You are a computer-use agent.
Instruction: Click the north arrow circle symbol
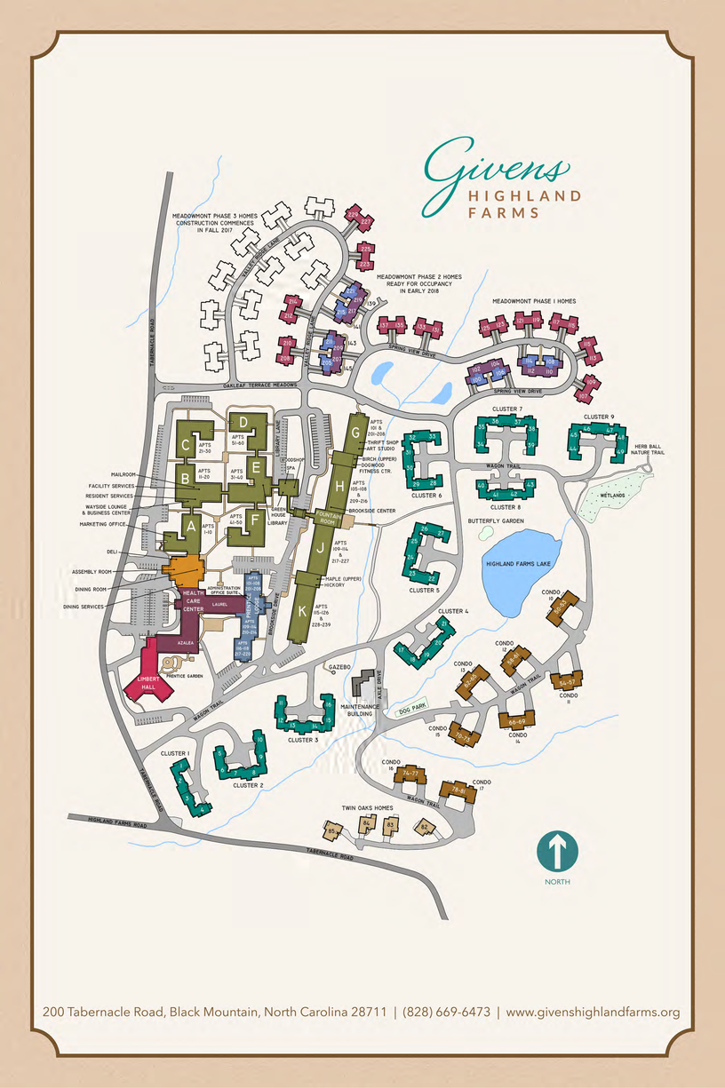pyautogui.click(x=557, y=851)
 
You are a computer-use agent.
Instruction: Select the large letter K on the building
pyautogui.click(x=303, y=611)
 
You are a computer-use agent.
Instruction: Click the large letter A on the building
pyautogui.click(x=189, y=526)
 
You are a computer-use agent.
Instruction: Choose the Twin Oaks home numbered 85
pyautogui.click(x=332, y=832)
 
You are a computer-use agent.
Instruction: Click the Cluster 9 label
pyautogui.click(x=599, y=417)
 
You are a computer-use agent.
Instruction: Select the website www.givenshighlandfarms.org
pyautogui.click(x=593, y=1012)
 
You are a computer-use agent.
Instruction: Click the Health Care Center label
pyautogui.click(x=195, y=601)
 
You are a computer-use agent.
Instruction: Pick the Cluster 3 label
pyautogui.click(x=303, y=739)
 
